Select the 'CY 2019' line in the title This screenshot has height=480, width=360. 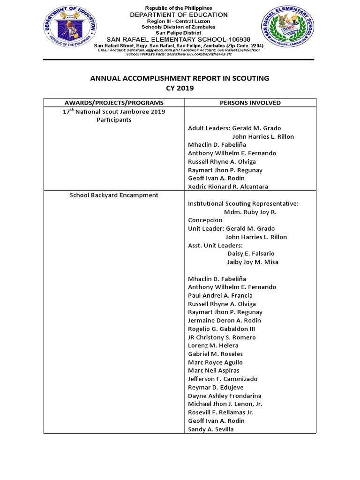(x=180, y=88)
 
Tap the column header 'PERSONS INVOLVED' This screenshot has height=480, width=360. (x=250, y=103)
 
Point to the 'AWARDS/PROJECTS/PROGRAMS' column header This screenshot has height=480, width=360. (x=114, y=103)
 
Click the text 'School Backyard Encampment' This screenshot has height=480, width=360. (x=114, y=195)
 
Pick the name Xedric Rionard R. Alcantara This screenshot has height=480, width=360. (x=228, y=187)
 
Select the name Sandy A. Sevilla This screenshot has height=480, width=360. (x=210, y=429)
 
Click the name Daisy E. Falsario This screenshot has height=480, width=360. (x=251, y=254)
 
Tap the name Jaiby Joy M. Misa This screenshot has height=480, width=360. (x=253, y=262)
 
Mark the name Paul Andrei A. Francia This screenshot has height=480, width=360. (x=220, y=295)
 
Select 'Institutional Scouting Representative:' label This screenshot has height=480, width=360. (x=243, y=203)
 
